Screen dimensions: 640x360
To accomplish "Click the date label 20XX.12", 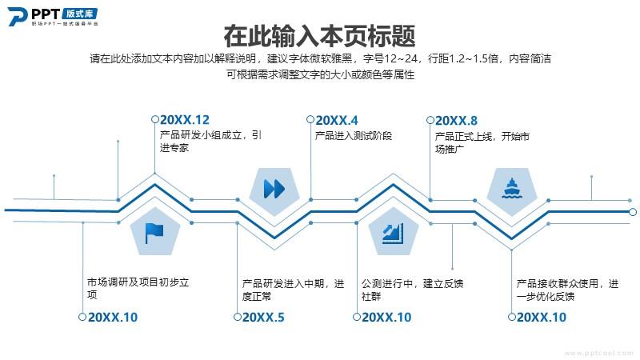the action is pos(185,120).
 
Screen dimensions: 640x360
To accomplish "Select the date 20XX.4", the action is pos(337,121).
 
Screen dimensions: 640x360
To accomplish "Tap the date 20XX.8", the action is pos(456,121).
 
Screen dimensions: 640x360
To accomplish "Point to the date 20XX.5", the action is pos(263,317).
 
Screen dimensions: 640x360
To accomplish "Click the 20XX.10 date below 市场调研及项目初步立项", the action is pos(113,317).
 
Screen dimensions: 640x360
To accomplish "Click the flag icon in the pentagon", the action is pos(154,234).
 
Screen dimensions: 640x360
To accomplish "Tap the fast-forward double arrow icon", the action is pos(274,189).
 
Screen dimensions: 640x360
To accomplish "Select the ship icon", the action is pos(511,188).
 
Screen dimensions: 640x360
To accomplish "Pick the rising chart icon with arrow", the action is pos(393,234).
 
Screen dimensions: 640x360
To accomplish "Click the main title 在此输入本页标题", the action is pos(319,36).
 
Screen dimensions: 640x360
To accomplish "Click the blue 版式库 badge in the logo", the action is pos(80,14).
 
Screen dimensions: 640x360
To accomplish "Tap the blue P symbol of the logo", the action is pos(17,17).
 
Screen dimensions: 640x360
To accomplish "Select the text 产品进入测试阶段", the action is pos(354,136).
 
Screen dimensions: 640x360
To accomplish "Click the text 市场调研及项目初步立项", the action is pos(138,288).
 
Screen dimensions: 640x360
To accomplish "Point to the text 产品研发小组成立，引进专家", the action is pos(210,142).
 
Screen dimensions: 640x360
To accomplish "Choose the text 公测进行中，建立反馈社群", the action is pos(412,290).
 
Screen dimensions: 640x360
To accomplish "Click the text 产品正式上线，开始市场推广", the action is pos(482,142).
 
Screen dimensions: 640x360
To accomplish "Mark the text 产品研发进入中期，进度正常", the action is pos(293,290).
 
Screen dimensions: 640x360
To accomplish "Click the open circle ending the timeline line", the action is pos(633,212).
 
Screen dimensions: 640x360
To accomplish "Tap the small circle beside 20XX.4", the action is pos(310,119).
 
